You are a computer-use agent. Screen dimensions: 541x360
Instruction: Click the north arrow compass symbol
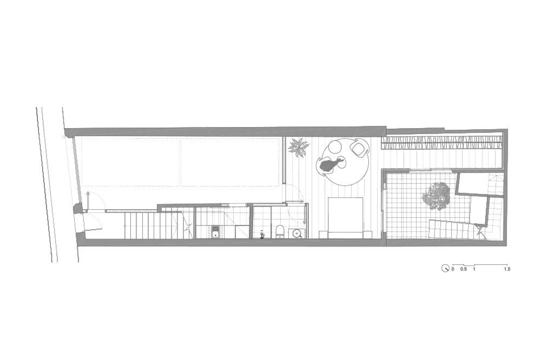pyautogui.click(x=445, y=268)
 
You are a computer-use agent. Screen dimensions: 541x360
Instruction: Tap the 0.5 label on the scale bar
pyautogui.click(x=464, y=269)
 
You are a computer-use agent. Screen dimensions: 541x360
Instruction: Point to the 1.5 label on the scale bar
pyautogui.click(x=507, y=269)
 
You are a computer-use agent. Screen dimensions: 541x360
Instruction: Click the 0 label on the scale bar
pyautogui.click(x=453, y=269)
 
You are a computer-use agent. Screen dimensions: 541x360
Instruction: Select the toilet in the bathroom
pyautogui.click(x=280, y=231)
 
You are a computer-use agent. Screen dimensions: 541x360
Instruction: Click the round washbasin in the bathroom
pyautogui.click(x=296, y=234)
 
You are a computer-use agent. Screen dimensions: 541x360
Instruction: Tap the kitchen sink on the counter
pyautogui.click(x=216, y=232)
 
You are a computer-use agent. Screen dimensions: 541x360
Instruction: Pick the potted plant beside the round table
pyautogui.click(x=299, y=147)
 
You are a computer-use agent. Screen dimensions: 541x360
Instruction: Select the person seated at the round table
pyautogui.click(x=331, y=164)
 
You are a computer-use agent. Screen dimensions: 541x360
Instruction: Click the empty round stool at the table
pyautogui.click(x=334, y=148)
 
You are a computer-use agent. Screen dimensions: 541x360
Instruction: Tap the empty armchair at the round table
pyautogui.click(x=359, y=147)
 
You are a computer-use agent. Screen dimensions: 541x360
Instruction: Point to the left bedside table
pyautogui.click(x=324, y=235)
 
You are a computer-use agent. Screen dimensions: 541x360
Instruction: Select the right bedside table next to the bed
pyautogui.click(x=368, y=235)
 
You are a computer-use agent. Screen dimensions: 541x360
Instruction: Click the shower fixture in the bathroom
pyautogui.click(x=262, y=235)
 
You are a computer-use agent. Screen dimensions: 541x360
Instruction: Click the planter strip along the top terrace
pyautogui.click(x=441, y=142)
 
